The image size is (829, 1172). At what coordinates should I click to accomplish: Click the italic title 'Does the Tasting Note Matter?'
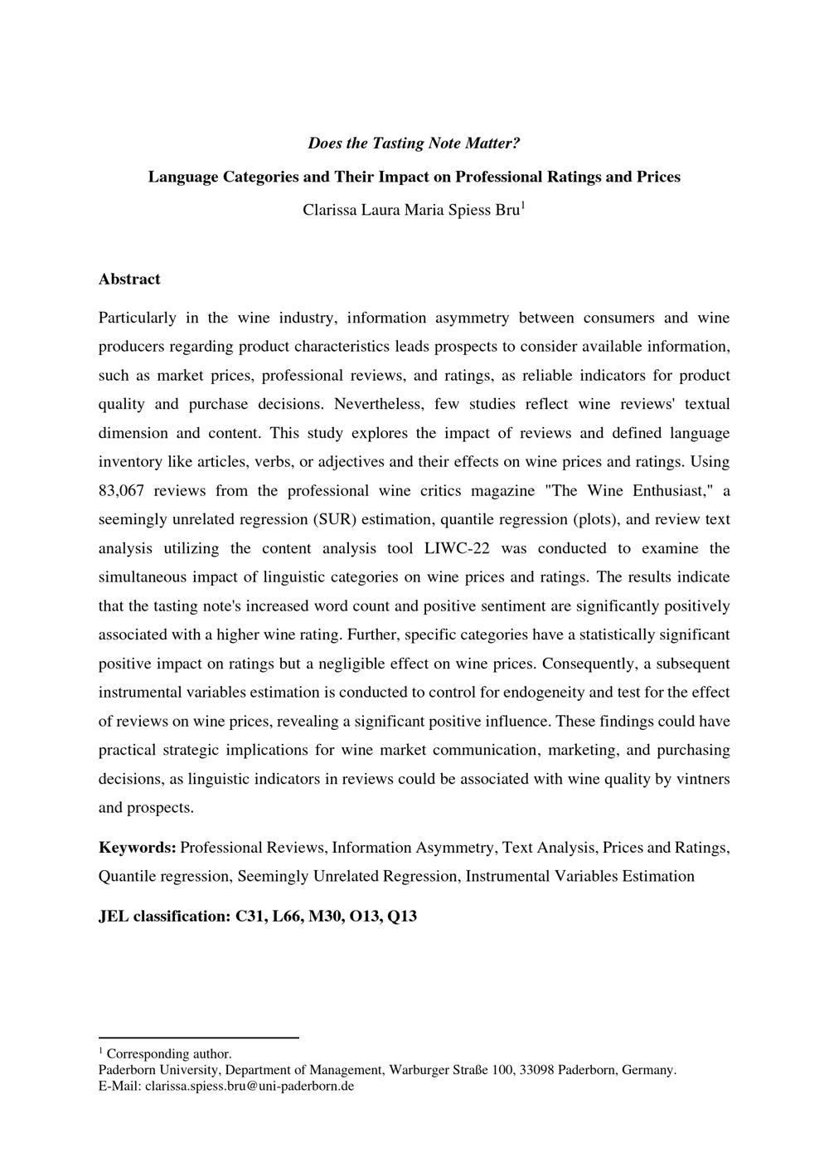[x=414, y=143]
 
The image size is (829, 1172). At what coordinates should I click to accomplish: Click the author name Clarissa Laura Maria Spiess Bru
[x=412, y=210]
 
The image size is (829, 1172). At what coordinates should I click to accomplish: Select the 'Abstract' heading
[x=129, y=279]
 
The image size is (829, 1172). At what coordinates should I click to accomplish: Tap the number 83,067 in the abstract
[x=121, y=490]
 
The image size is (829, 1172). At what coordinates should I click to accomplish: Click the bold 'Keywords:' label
[x=137, y=848]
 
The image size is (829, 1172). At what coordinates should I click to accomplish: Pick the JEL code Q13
[x=401, y=917]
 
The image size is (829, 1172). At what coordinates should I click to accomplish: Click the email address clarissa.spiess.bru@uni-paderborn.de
[x=250, y=1086]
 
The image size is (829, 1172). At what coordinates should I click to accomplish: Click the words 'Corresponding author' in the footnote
[x=168, y=1054]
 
